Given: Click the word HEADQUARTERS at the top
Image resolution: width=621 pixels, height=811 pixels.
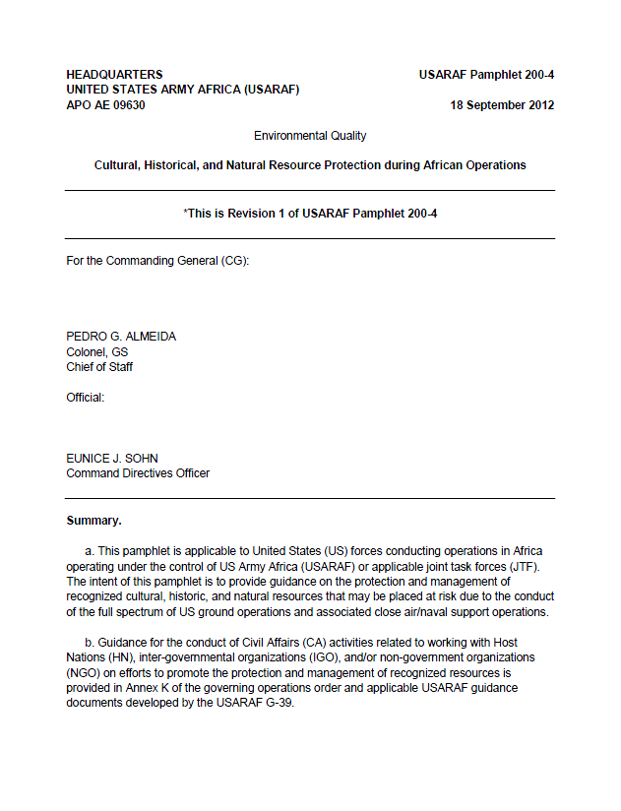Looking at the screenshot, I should click(x=114, y=75).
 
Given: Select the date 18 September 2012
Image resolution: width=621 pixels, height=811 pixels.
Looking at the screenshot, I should click(x=502, y=105).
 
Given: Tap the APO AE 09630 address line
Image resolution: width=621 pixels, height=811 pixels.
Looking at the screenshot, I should click(x=105, y=105).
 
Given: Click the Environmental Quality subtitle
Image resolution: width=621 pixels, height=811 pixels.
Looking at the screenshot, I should click(x=310, y=136).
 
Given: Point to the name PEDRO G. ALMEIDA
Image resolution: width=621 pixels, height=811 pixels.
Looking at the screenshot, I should click(x=121, y=337).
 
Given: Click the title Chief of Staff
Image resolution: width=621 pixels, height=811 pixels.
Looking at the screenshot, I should click(x=99, y=367).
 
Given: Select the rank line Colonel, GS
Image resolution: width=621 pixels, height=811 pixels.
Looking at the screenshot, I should click(x=96, y=352).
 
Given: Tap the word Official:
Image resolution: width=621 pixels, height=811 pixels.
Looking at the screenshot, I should click(x=85, y=398).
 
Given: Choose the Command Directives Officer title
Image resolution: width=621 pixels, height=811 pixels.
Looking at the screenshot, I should click(x=138, y=472).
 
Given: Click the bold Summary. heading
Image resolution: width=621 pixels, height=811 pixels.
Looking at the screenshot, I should click(x=93, y=520).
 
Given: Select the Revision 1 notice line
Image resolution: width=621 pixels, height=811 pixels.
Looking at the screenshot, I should click(x=310, y=213).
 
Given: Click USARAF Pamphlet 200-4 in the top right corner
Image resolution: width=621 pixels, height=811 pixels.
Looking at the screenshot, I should click(x=486, y=75).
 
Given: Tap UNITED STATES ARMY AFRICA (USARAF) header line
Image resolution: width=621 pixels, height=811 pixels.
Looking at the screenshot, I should click(x=182, y=90).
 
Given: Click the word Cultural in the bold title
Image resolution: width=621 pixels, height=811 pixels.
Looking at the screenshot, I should click(x=117, y=165).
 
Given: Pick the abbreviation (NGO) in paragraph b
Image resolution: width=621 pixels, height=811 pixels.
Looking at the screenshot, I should click(x=84, y=673).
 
